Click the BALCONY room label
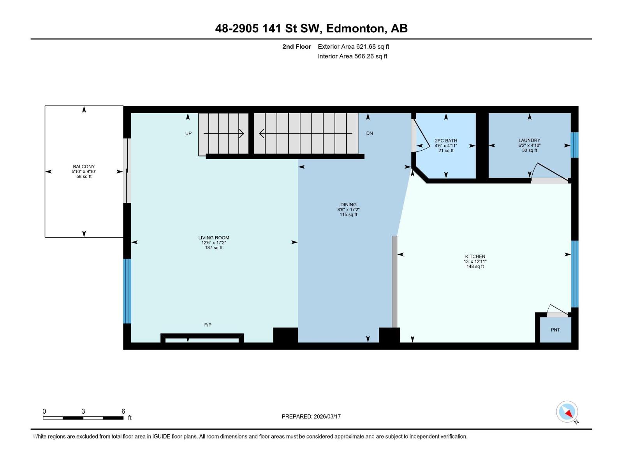pos(84,167)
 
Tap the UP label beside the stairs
pos(188,133)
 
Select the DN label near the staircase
pos(369,133)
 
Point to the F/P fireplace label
pos(208,325)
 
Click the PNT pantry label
pos(555,330)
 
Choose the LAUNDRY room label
pos(529,140)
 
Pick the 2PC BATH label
pos(446,140)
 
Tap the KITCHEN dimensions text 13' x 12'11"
pos(475,262)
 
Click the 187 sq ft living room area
pos(214,248)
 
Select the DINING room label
pos(348,205)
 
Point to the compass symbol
pos(567,412)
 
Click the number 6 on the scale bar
pos(123,411)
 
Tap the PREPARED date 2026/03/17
pos(327,416)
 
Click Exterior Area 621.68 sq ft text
pos(354,46)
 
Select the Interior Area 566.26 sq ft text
pos(352,56)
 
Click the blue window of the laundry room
pos(574,145)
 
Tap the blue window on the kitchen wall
pos(574,274)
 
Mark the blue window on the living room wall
pos(127,291)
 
